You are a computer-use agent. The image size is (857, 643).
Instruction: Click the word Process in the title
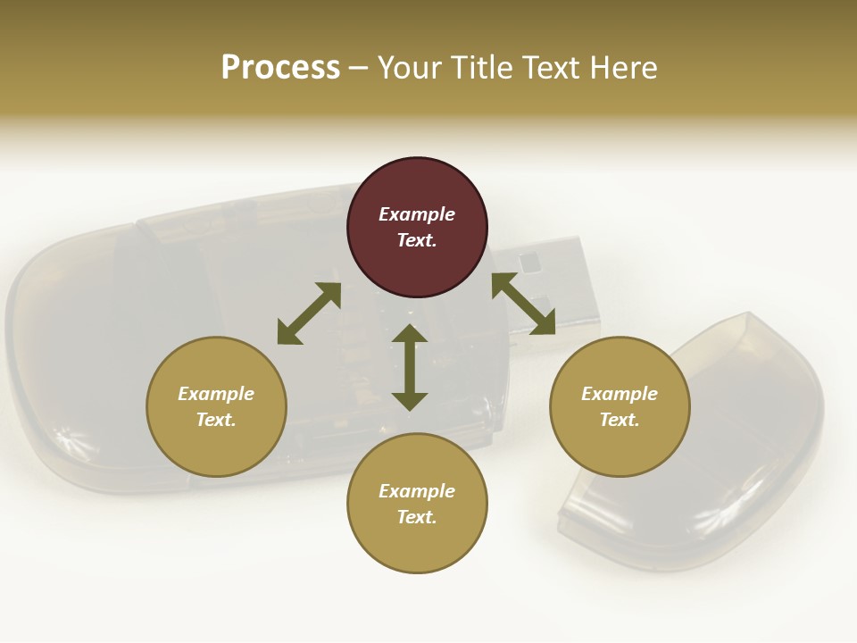click(280, 68)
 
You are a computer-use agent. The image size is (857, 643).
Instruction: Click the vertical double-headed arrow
click(410, 367)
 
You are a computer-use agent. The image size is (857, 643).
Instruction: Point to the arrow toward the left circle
click(309, 313)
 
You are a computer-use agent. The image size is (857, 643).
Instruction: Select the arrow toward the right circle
click(523, 304)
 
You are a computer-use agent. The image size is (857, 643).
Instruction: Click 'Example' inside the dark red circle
click(417, 214)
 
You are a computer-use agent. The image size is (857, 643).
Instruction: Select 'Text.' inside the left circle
click(216, 420)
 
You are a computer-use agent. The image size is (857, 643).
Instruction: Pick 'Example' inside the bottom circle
click(417, 490)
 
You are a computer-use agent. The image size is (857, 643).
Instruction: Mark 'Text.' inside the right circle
click(620, 420)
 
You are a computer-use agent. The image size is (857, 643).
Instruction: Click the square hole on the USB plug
click(530, 262)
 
